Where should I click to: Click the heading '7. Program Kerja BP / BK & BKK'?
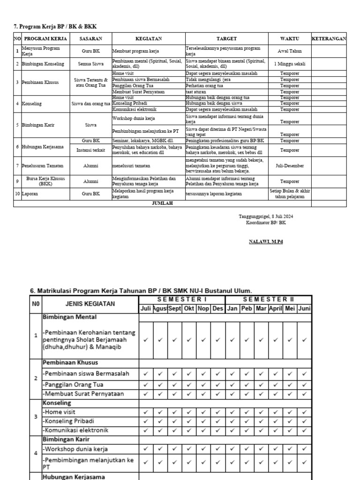(55, 26)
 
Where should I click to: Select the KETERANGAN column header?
(329, 38)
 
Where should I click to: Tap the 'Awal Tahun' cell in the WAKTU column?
(289, 51)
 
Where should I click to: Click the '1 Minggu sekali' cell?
(289, 64)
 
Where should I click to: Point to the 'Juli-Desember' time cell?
(289, 165)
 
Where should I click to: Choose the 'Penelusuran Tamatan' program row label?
(43, 165)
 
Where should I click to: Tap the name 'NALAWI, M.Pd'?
(266, 242)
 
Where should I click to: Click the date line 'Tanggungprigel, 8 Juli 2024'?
(266, 216)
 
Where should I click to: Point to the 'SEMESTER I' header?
(182, 299)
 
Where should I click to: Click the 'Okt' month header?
(189, 308)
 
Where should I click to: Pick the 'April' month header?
(275, 308)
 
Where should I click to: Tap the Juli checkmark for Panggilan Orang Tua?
(146, 384)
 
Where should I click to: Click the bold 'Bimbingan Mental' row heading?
(70, 317)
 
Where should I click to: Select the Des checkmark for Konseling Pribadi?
(218, 421)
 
